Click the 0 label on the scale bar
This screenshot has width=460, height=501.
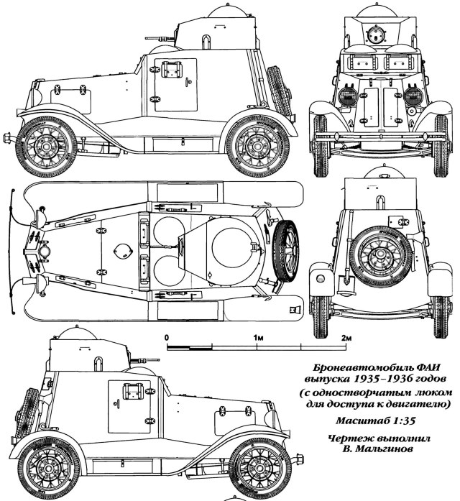coord(167,337)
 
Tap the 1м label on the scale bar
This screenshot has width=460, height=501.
coord(257,337)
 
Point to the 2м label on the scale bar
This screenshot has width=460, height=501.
coord(346,337)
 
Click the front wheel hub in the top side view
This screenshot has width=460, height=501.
coord(45,144)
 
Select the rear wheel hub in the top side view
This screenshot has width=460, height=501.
coord(257,144)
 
